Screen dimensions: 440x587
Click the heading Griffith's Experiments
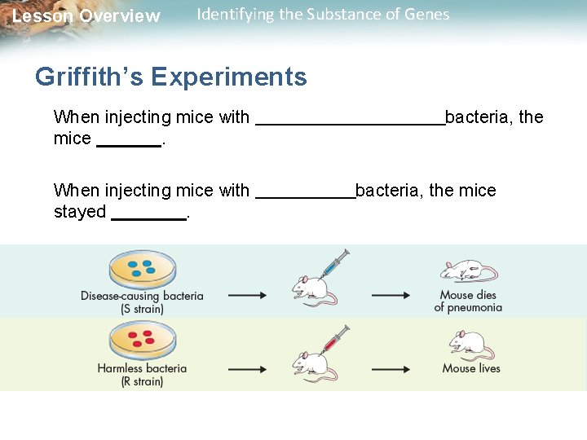tap(171, 77)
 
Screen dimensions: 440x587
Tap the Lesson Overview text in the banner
tap(86, 16)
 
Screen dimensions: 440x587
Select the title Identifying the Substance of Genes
tap(323, 15)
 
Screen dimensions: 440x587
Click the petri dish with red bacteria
tap(142, 339)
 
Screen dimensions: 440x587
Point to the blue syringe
tap(334, 264)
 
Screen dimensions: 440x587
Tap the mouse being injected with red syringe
tap(313, 363)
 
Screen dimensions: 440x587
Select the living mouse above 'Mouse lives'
tap(470, 345)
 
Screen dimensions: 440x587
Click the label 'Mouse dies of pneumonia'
tap(468, 301)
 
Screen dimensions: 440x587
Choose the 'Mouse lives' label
tap(471, 368)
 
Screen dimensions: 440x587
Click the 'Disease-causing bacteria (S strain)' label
tap(142, 302)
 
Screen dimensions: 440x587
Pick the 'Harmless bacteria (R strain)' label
tap(142, 375)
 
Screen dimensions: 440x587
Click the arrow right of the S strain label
tap(247, 296)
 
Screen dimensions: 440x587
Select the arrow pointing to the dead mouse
tap(391, 296)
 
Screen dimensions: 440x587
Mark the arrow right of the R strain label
tap(247, 369)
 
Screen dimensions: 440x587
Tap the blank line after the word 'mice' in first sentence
tap(129, 145)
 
